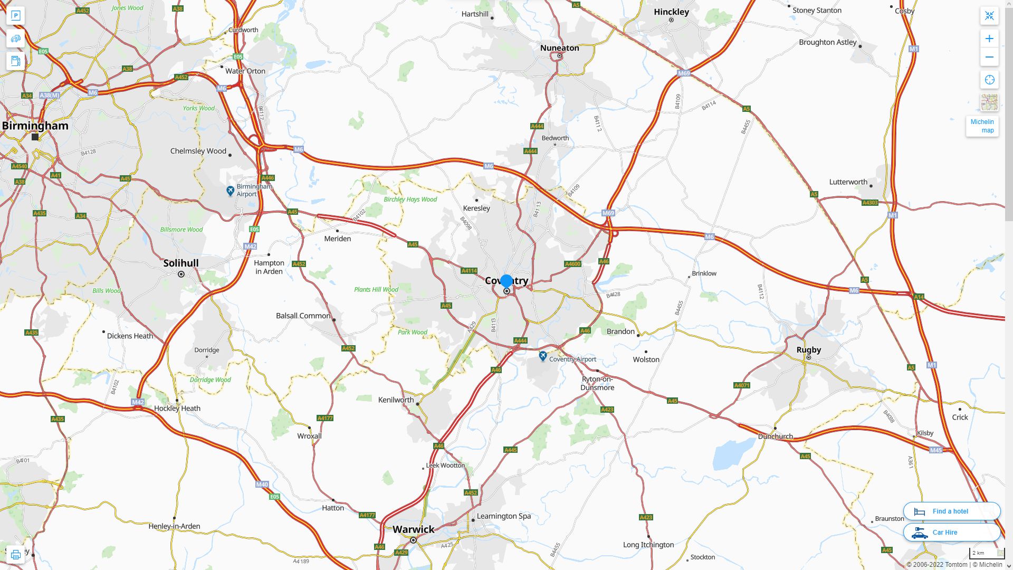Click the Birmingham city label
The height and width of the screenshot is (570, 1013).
coord(35,126)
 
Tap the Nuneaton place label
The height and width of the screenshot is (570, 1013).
coord(559,48)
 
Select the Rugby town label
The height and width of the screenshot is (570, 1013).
coord(808,349)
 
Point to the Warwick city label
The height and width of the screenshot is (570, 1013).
coord(413,529)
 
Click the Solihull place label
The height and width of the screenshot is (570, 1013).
coord(181,263)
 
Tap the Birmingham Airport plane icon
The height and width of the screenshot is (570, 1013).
coord(230,191)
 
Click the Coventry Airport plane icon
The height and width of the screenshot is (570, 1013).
coord(543,356)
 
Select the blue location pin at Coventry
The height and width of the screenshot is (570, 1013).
coord(506,281)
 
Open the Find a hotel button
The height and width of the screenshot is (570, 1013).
coord(951,511)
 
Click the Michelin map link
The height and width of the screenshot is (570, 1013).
coord(982,126)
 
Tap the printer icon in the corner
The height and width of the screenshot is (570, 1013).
coord(15,555)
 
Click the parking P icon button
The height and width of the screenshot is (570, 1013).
coord(16,16)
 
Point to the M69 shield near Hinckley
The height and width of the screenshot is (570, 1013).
coord(684,73)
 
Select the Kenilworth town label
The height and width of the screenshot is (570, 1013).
coord(396,400)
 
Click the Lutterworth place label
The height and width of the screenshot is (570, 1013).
coord(848,182)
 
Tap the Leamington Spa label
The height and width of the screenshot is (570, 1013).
coord(503,516)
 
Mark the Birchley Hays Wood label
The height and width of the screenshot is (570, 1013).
coord(410,199)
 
